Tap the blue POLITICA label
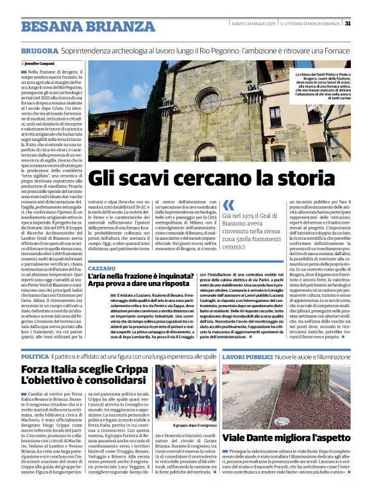coord(35,356)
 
